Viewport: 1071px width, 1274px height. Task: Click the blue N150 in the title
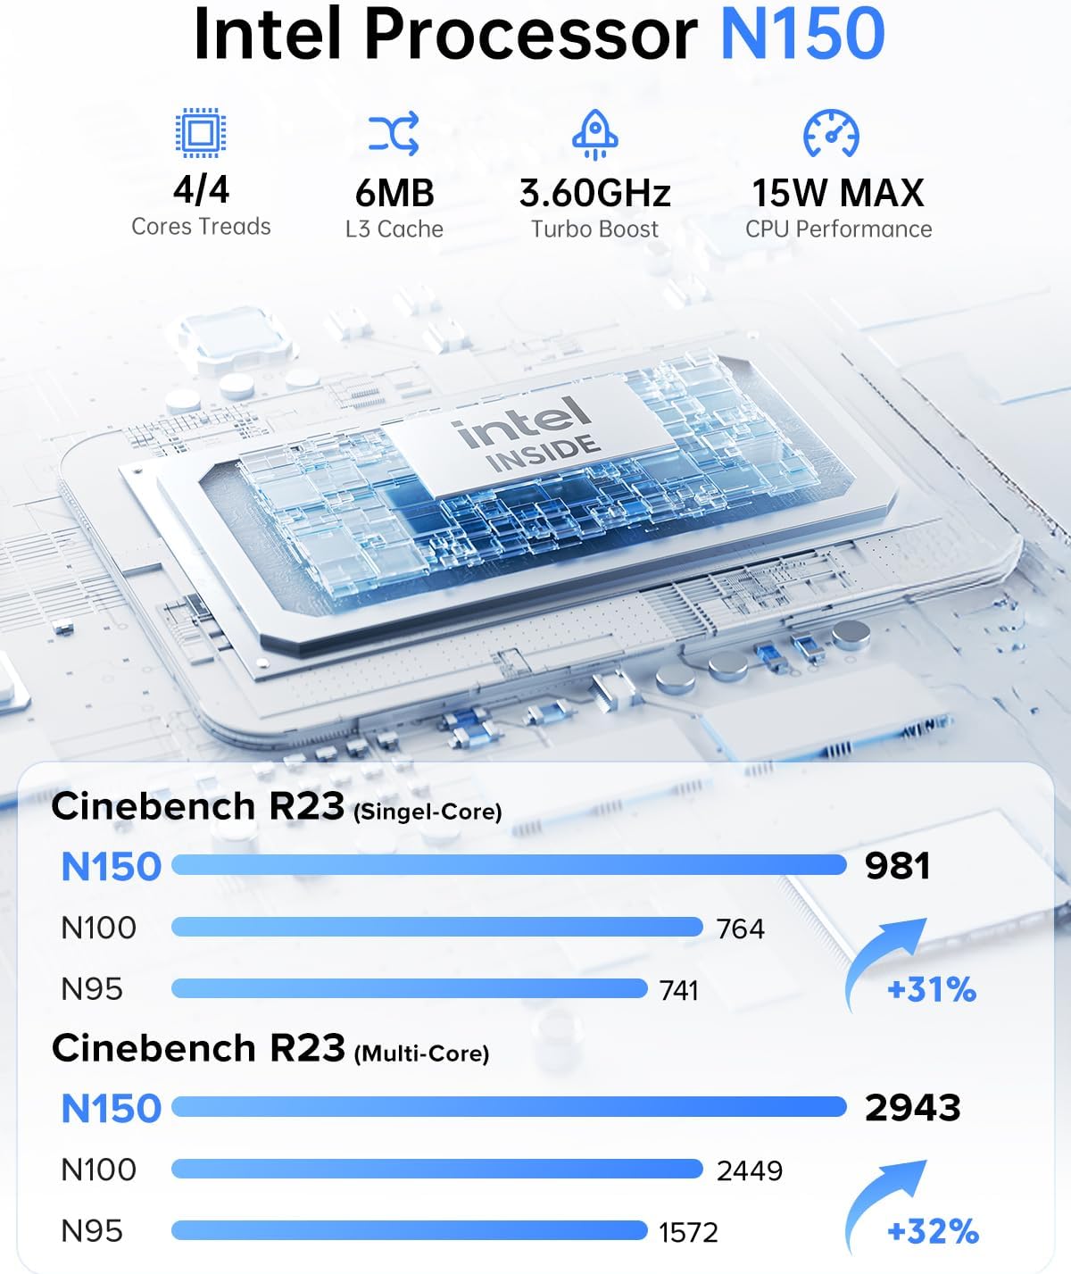[x=801, y=34]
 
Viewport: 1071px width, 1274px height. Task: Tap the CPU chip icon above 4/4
[x=201, y=134]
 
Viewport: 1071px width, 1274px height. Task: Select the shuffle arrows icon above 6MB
[x=394, y=134]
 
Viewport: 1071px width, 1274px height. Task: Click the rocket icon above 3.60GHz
[x=594, y=134]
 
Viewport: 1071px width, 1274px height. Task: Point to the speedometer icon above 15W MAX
[x=831, y=134]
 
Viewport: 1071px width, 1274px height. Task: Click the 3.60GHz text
[x=594, y=193]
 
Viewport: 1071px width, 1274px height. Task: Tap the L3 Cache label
[x=394, y=229]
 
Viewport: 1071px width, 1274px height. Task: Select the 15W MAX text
[x=837, y=193]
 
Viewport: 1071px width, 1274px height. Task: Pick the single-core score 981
[x=897, y=866]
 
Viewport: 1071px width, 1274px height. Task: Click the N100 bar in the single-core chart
[x=436, y=927]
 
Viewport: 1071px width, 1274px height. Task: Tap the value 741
[x=678, y=990]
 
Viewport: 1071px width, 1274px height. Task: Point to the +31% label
[x=932, y=990]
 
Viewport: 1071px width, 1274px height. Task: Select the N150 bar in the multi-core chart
[x=509, y=1107]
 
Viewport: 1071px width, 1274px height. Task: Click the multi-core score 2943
[x=912, y=1108]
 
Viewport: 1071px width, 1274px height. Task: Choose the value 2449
[x=749, y=1170]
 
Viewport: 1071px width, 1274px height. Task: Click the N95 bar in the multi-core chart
[x=409, y=1230]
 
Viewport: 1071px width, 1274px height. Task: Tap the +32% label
[x=933, y=1232]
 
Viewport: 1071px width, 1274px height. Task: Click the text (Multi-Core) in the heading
[x=421, y=1054]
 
